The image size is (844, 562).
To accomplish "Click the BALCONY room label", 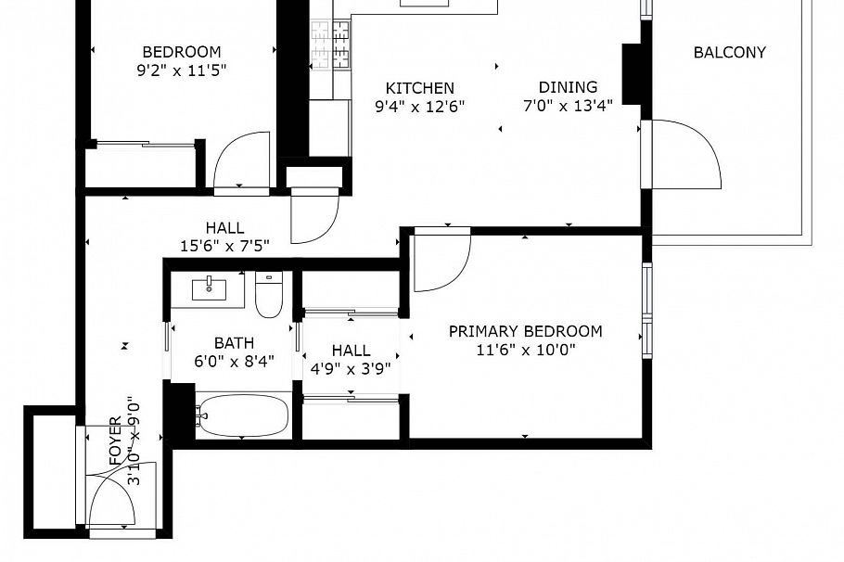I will point(730,53).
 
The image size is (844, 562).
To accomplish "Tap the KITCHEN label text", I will point(419,88).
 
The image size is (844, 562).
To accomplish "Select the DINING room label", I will point(568,88).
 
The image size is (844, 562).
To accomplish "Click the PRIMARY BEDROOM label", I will point(525,331).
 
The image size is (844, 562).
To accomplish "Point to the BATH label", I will point(233,343).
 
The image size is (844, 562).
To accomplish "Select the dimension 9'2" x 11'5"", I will point(181,70).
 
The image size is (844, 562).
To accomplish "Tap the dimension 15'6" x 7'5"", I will point(224,246).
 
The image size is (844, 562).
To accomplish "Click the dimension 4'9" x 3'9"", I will point(351,367).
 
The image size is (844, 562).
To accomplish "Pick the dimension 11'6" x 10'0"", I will point(525,350).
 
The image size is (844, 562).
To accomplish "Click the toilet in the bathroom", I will point(268,295).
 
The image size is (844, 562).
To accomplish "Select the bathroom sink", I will point(208,289).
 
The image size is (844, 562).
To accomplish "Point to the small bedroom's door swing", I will point(242,161).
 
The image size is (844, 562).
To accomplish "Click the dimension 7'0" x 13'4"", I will point(568,106).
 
